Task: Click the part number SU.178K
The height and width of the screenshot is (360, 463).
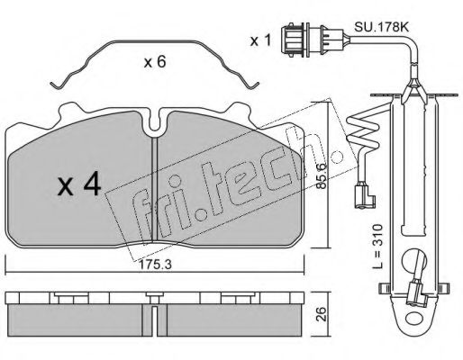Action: [382, 27]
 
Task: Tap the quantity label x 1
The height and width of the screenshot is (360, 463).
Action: [260, 40]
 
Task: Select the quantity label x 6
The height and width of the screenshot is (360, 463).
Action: [155, 62]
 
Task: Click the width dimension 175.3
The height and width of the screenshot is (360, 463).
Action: [155, 265]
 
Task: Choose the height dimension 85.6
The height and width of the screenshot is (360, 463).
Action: [322, 175]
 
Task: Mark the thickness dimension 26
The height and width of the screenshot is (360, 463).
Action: [322, 314]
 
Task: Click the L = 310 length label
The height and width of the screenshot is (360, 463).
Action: [378, 246]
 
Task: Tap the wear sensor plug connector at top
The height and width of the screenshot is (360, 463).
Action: [313, 40]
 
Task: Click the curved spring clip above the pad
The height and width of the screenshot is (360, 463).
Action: [155, 42]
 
